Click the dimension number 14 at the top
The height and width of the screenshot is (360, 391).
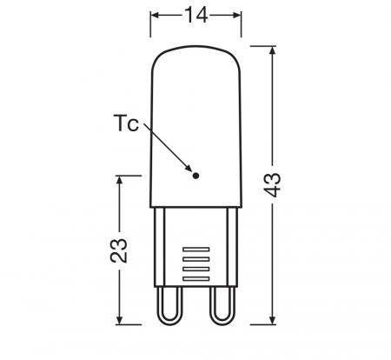[x=195, y=15]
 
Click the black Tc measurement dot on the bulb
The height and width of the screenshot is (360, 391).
[x=195, y=176]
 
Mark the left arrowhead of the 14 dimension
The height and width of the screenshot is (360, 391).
[x=156, y=15]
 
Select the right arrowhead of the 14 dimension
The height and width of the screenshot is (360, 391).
[x=235, y=15]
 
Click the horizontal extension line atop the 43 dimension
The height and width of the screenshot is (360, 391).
[x=261, y=48]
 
